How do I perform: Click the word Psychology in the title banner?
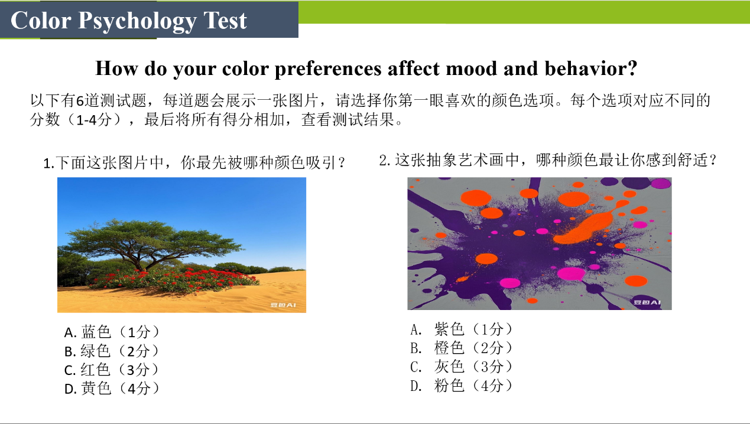pyautogui.click(x=137, y=21)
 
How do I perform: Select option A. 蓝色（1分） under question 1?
pyautogui.click(x=112, y=332)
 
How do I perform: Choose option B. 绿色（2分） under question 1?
pyautogui.click(x=112, y=351)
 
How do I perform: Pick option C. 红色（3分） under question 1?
pyautogui.click(x=112, y=370)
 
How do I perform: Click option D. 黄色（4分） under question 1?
pyautogui.click(x=112, y=389)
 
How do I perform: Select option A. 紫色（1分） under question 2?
pyautogui.click(x=462, y=330)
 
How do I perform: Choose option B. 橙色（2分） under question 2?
pyautogui.click(x=462, y=348)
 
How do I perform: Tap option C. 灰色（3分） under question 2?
pyautogui.click(x=462, y=367)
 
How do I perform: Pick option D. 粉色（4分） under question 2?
pyautogui.click(x=462, y=386)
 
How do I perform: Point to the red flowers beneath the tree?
pyautogui.click(x=174, y=279)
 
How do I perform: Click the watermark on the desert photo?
pyautogui.click(x=283, y=305)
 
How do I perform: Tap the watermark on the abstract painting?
pyautogui.click(x=647, y=302)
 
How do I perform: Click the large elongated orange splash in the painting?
pyautogui.click(x=585, y=227)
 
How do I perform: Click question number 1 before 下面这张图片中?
pyautogui.click(x=48, y=164)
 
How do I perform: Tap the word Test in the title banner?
pyautogui.click(x=225, y=21)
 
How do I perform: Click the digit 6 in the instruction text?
pyautogui.click(x=80, y=101)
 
